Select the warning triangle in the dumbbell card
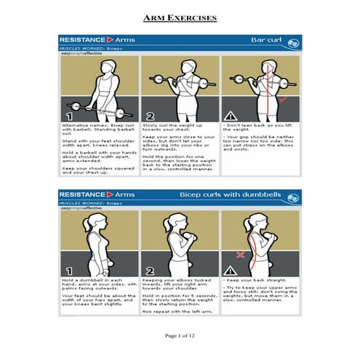tap(231, 270)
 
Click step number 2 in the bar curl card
tap(150, 114)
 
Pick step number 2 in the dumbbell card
tap(150, 270)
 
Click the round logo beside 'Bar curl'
tap(292, 40)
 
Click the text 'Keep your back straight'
tap(255, 279)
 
